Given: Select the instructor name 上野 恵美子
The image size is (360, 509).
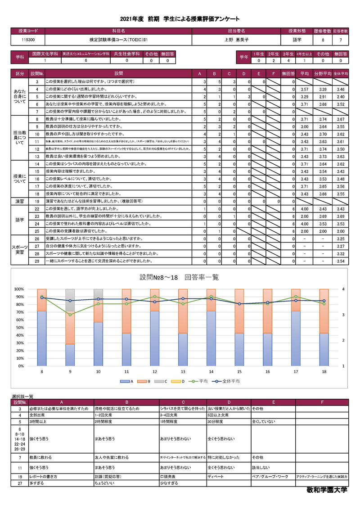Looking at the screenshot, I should (x=236, y=40).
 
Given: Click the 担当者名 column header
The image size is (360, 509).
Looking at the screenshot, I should (x=236, y=31).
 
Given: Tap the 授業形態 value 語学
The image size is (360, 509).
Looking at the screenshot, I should (x=297, y=40).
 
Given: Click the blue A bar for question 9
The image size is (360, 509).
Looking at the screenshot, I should (x=70, y=355).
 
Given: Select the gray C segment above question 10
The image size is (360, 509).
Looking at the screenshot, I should (x=98, y=293).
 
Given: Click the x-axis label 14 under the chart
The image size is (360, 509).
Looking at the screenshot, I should (x=211, y=372).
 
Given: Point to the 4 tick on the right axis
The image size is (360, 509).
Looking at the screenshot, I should (x=343, y=289).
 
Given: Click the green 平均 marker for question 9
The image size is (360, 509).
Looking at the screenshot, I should (x=70, y=314).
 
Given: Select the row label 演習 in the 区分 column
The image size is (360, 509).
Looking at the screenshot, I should (x=20, y=201).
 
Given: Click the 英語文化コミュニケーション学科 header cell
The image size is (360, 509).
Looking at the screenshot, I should (x=86, y=54).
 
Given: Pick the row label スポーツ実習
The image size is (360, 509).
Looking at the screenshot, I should (x=20, y=249).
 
